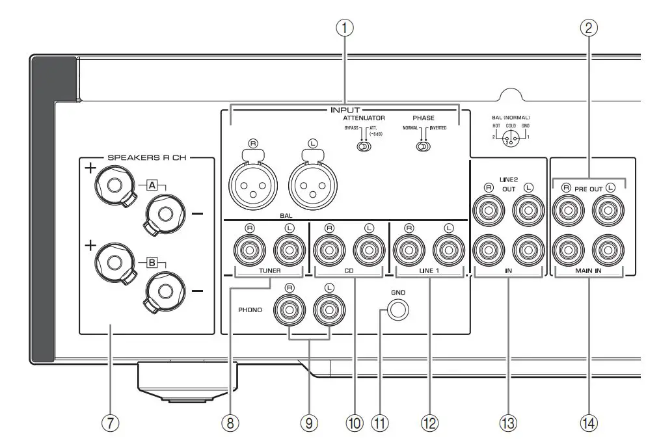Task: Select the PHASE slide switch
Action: coord(424,147)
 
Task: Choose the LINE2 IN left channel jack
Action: coord(528,250)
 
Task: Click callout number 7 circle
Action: coord(111,423)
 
